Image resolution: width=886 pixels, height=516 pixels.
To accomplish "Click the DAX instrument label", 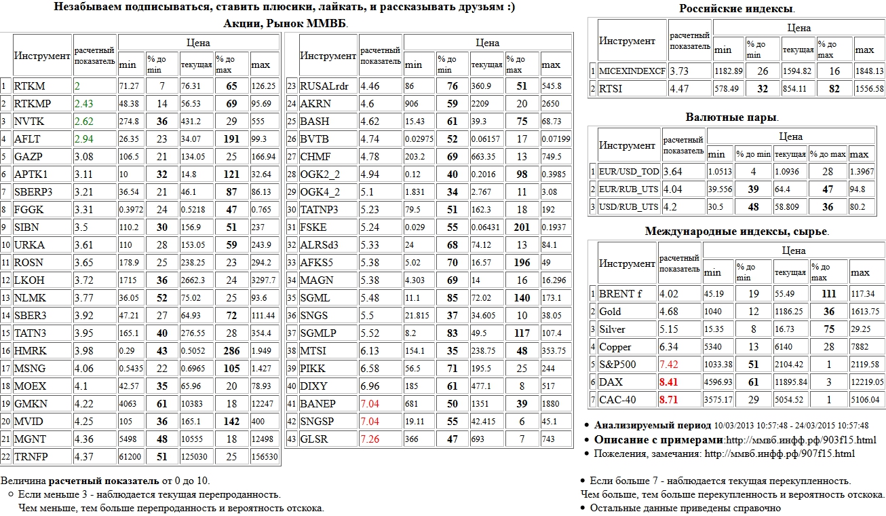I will (x=611, y=382).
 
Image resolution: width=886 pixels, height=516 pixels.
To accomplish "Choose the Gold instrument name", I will (x=610, y=312).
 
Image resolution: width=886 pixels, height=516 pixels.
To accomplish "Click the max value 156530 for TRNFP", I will (x=264, y=457).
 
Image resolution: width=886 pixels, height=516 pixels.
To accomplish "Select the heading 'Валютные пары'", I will (x=737, y=117).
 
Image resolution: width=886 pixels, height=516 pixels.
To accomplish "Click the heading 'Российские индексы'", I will (x=737, y=9).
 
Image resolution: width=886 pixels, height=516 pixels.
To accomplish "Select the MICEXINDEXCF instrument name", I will (x=631, y=71).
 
